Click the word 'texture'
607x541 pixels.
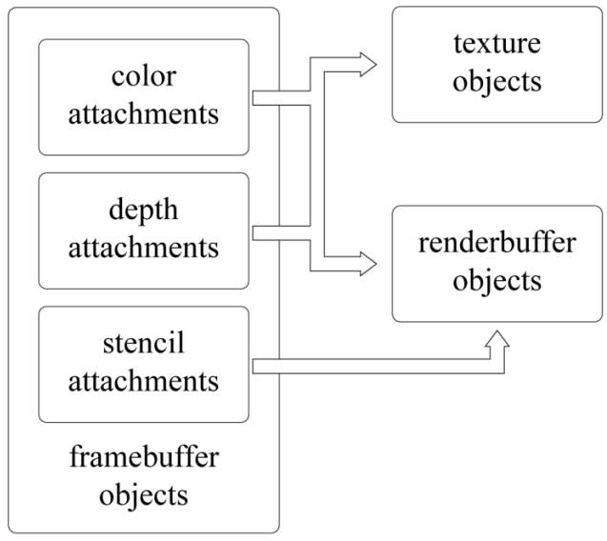tap(496, 43)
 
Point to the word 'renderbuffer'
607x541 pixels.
tap(496, 243)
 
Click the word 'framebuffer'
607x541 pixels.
tap(144, 457)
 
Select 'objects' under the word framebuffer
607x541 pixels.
tap(144, 495)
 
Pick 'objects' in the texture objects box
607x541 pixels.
tap(496, 81)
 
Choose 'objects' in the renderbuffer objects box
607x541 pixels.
tap(496, 282)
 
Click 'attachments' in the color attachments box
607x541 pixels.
tap(144, 114)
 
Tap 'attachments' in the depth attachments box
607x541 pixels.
tap(144, 248)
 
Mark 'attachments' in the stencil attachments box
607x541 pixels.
tap(144, 381)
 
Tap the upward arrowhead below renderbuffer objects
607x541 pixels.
tap(496, 340)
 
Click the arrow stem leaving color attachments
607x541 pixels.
tap(281, 97)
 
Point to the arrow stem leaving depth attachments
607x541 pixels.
tap(281, 231)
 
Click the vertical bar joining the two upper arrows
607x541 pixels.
tap(319, 162)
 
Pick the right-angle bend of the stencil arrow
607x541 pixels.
tap(496, 365)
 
